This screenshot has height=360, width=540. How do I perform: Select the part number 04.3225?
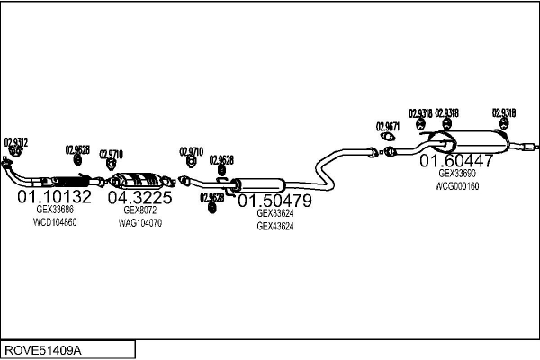pos(139,197)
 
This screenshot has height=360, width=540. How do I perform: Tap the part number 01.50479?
pos(274,200)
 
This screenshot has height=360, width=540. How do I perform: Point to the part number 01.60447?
pos(456,161)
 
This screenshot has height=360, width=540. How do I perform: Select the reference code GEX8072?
pos(139,210)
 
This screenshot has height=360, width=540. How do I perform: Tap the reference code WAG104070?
pos(139,222)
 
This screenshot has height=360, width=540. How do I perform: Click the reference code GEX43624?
pos(275,227)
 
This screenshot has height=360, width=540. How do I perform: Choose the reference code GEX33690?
pos(456,174)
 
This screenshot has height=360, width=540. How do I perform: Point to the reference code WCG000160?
pos(456,186)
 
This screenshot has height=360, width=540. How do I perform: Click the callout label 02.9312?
pos(16,141)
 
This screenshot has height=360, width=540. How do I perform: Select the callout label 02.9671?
pos(388,127)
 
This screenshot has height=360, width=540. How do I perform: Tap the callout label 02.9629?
pos(212,197)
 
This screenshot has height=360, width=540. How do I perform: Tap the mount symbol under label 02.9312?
pos(14,152)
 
